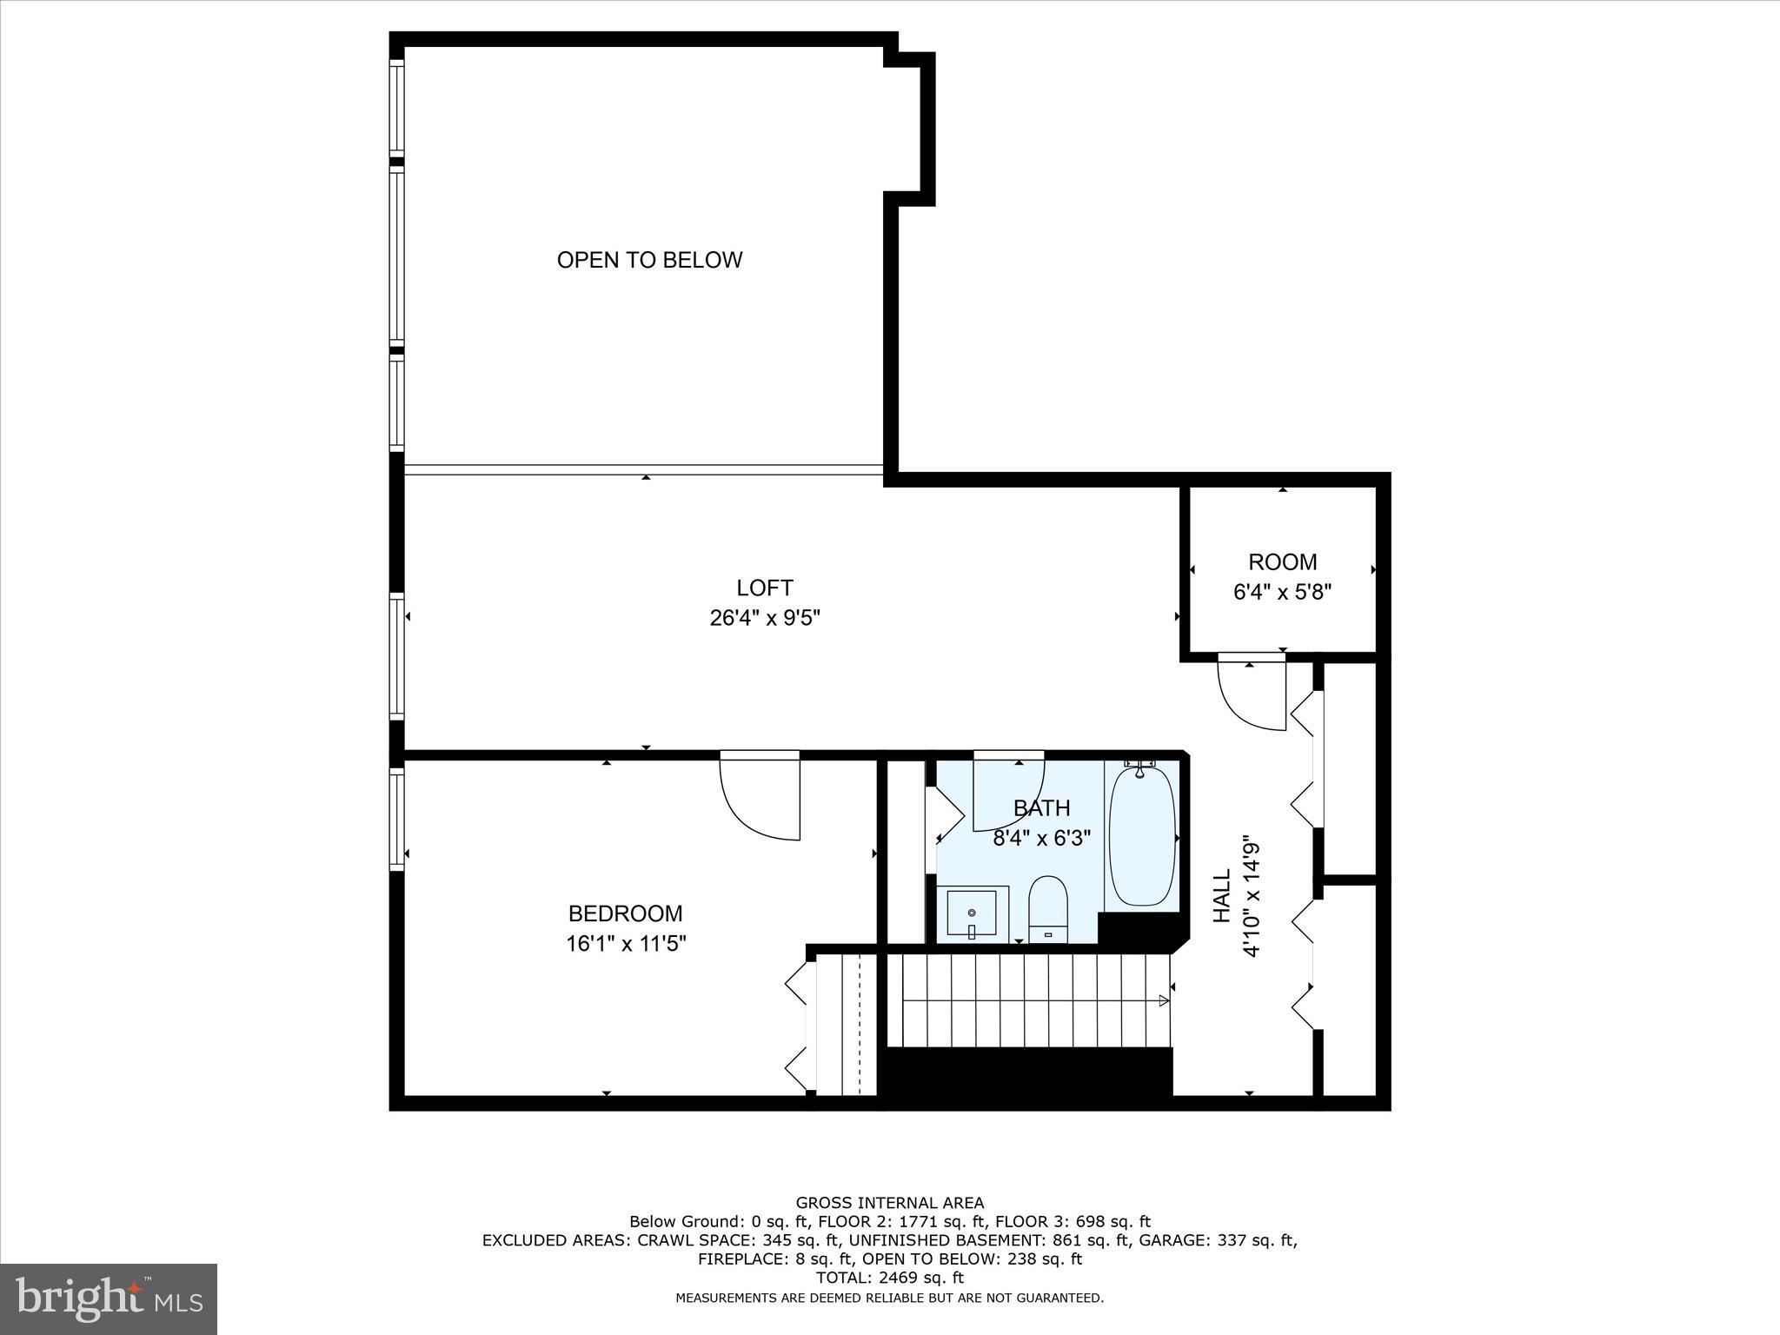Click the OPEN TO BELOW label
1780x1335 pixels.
click(649, 260)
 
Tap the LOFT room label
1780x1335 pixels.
click(765, 588)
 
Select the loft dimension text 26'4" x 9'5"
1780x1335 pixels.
click(765, 618)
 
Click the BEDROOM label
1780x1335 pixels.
click(625, 913)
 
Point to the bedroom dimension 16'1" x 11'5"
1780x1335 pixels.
click(626, 943)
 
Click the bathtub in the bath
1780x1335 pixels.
click(1142, 836)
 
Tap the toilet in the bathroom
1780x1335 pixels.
click(1047, 909)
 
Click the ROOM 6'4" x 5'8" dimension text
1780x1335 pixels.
click(1282, 592)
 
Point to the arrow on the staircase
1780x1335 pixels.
click(1163, 1000)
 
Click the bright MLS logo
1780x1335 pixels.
click(109, 1298)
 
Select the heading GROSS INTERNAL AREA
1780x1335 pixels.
click(890, 1203)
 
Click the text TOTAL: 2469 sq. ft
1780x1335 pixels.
click(890, 1278)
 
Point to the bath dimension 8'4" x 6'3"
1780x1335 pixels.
click(1041, 838)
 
